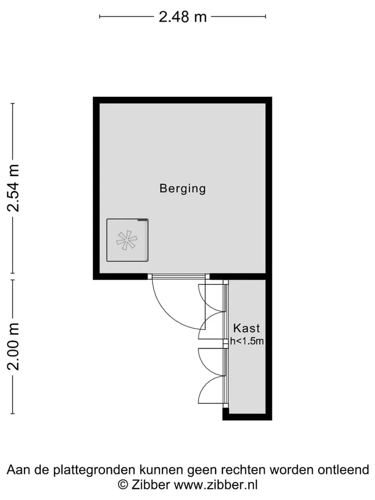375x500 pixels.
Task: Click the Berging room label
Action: (183, 189)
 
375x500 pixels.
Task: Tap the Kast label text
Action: (246, 328)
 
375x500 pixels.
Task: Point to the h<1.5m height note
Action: (247, 341)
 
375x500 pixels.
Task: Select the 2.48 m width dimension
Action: (183, 17)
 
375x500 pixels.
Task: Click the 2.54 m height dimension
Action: (14, 188)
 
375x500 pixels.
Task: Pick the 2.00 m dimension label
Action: (14, 347)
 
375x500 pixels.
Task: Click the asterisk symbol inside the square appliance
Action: (127, 240)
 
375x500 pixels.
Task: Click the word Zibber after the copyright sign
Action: (151, 485)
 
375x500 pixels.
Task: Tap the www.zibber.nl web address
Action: (216, 485)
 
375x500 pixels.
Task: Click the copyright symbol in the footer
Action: (123, 485)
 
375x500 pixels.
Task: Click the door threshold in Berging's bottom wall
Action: (179, 277)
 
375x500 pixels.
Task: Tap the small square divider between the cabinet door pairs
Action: (226, 342)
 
